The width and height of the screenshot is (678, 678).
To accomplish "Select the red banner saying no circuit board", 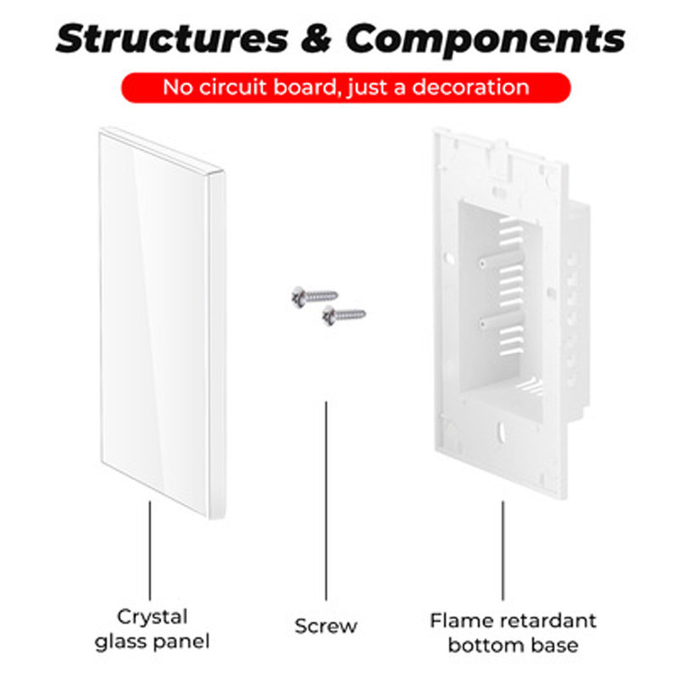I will pyautogui.click(x=345, y=87).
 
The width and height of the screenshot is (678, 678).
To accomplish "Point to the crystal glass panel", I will pyautogui.click(x=161, y=318).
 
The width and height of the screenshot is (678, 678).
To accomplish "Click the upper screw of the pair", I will pyautogui.click(x=314, y=296).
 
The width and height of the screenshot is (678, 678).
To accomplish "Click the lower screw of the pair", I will pyautogui.click(x=343, y=316).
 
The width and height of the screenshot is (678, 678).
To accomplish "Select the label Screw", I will pyautogui.click(x=326, y=627).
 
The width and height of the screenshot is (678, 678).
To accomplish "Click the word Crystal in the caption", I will pyautogui.click(x=153, y=616).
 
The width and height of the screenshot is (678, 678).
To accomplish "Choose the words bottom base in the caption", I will pyautogui.click(x=513, y=645).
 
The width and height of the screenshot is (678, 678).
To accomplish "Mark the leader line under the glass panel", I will pyautogui.click(x=151, y=551).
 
